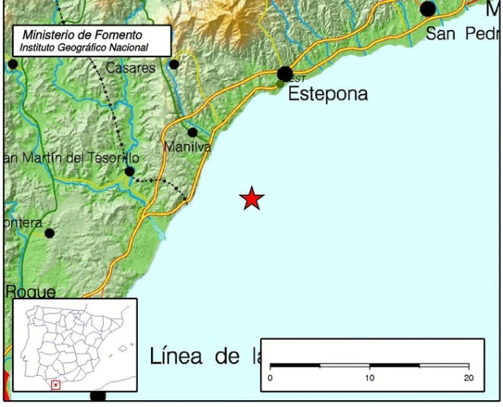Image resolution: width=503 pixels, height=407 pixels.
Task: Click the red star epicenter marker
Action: pyautogui.click(x=251, y=198)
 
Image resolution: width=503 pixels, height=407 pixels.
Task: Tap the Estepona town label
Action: pyautogui.click(x=328, y=94)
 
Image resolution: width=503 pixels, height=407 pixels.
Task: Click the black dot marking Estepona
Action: pyautogui.click(x=285, y=74)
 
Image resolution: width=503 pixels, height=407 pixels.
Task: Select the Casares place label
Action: pyautogui.click(x=130, y=68)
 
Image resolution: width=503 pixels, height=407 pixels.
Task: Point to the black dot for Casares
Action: pyautogui.click(x=174, y=65)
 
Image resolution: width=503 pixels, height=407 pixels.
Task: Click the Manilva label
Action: pyautogui.click(x=187, y=146)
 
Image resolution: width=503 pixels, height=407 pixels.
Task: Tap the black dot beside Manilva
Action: pyautogui.click(x=193, y=133)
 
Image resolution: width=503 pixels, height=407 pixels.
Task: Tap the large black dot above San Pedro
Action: pyautogui.click(x=428, y=9)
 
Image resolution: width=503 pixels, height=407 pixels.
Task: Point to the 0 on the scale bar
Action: pyautogui.click(x=271, y=378)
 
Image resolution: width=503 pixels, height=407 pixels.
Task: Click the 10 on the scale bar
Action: pyautogui.click(x=370, y=378)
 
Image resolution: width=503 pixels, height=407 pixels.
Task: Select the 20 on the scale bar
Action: pyautogui.click(x=468, y=378)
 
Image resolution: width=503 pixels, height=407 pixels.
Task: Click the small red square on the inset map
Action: pyautogui.click(x=56, y=385)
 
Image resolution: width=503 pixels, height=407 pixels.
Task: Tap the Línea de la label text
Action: pyautogui.click(x=205, y=356)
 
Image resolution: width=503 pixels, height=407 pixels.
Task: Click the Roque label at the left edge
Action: pyautogui.click(x=30, y=291)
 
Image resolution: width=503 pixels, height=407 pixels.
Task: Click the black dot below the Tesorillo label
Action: pyautogui.click(x=130, y=171)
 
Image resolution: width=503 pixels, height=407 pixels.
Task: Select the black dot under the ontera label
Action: pyautogui.click(x=50, y=233)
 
